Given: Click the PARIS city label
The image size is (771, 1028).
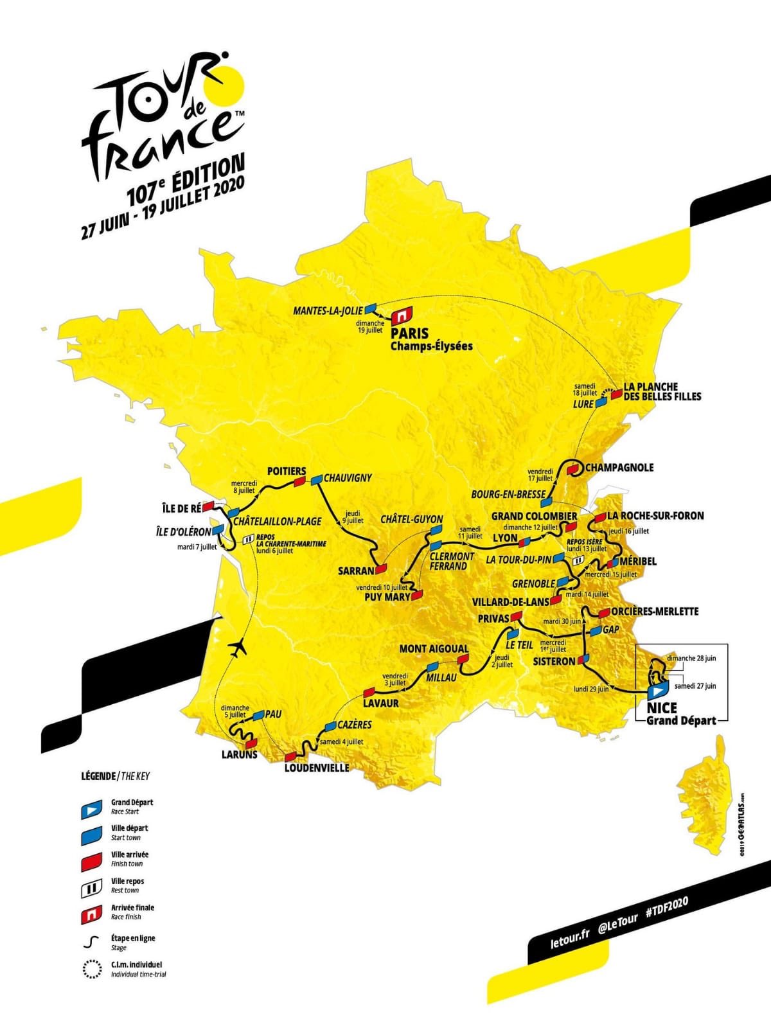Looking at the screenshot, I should [x=410, y=334].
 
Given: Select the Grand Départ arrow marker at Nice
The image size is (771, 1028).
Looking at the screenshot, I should [x=657, y=691].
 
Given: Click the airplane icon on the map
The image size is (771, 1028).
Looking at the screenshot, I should [x=239, y=648].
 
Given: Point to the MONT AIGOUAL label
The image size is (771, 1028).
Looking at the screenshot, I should [x=434, y=649].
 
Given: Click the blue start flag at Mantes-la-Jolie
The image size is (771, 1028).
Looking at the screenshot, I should [x=370, y=310].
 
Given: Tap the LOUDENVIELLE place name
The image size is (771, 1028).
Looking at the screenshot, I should [x=317, y=768].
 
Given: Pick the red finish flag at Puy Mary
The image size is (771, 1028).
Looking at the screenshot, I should [x=418, y=595].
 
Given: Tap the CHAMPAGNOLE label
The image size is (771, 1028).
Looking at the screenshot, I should [x=619, y=467].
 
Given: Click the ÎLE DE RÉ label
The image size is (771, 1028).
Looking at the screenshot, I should [x=182, y=508].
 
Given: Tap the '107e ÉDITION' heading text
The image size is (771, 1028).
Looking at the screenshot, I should [x=186, y=180].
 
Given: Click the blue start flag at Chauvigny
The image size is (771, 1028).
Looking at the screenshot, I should [x=316, y=479].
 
